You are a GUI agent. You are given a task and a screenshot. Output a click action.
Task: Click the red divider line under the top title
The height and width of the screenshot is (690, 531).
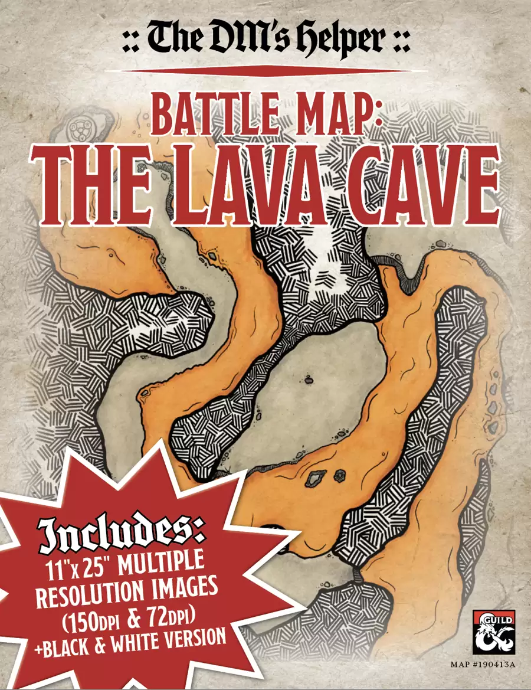[265, 70]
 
